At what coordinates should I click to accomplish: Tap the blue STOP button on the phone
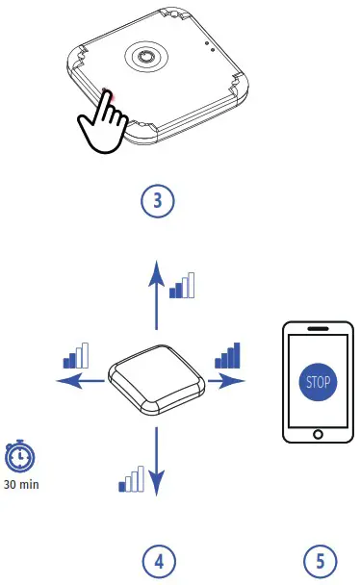[318, 381]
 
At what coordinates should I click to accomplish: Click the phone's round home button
[319, 434]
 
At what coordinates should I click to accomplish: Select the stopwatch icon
[18, 455]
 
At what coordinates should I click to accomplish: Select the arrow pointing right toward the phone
[225, 381]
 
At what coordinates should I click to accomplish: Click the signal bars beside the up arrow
[182, 285]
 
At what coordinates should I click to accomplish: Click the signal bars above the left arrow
[75, 356]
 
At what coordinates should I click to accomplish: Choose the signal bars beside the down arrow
[130, 478]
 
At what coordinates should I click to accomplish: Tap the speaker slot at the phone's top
[318, 329]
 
